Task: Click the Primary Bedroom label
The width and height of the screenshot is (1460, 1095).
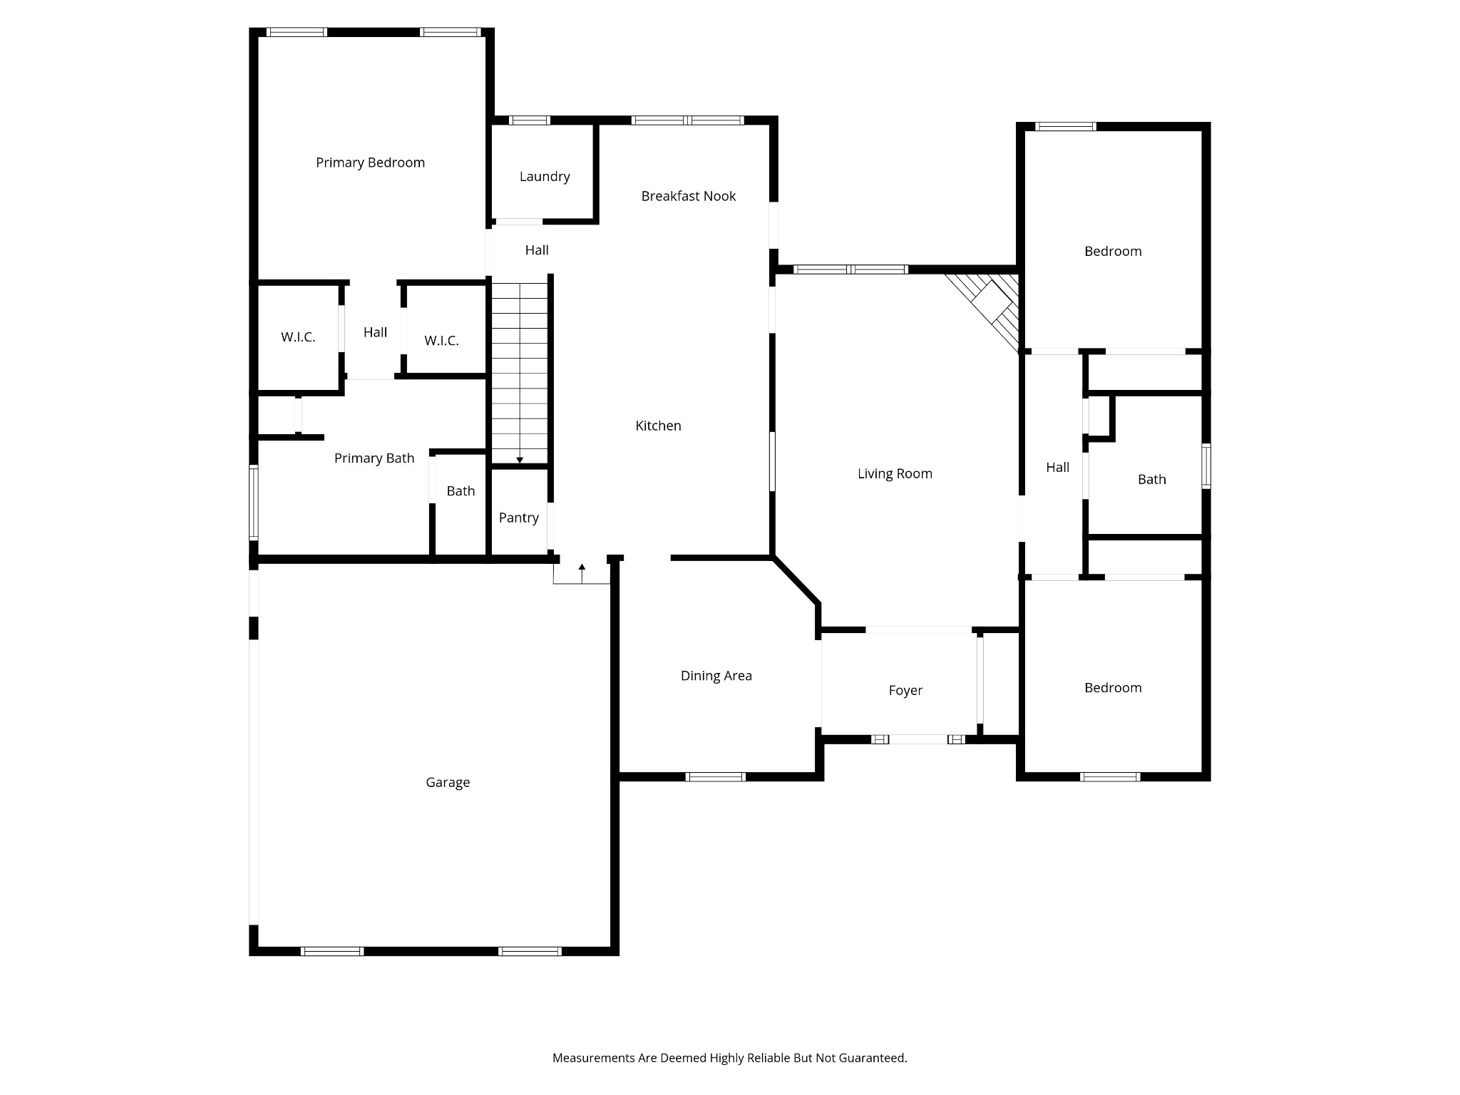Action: pyautogui.click(x=370, y=163)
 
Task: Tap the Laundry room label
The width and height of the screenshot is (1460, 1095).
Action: pyautogui.click(x=545, y=177)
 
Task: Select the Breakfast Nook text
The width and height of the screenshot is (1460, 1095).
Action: pyautogui.click(x=688, y=196)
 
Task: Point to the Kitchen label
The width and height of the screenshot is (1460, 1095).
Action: pyautogui.click(x=658, y=426)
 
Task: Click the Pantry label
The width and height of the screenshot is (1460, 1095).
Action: pyautogui.click(x=518, y=518)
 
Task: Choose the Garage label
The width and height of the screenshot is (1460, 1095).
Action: pyautogui.click(x=448, y=782)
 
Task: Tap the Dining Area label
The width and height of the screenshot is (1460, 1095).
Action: pyautogui.click(x=716, y=676)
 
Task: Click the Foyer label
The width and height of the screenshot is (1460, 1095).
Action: pyautogui.click(x=905, y=690)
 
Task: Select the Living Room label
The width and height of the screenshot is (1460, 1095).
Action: pyautogui.click(x=895, y=473)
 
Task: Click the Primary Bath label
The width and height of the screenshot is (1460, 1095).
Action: pyautogui.click(x=374, y=458)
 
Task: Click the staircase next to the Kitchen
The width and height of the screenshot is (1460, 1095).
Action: pyautogui.click(x=520, y=371)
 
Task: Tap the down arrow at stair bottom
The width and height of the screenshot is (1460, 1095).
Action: pyautogui.click(x=520, y=460)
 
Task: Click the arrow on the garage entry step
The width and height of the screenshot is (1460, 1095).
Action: pyautogui.click(x=582, y=568)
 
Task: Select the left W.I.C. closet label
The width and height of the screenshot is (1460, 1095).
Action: pyautogui.click(x=298, y=337)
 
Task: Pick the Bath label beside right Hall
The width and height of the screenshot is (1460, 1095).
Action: pyautogui.click(x=1151, y=480)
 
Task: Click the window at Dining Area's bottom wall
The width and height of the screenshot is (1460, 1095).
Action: pyautogui.click(x=715, y=777)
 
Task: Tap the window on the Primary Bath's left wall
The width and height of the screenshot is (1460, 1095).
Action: pyautogui.click(x=253, y=502)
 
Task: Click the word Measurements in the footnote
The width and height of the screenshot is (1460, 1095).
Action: pyautogui.click(x=593, y=1058)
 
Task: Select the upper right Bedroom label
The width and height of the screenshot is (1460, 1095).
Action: pyautogui.click(x=1113, y=251)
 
